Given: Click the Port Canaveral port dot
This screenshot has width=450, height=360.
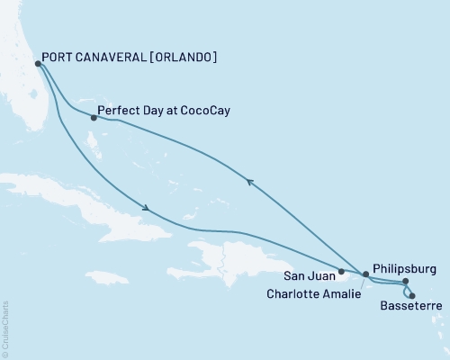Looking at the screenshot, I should (x=37, y=64).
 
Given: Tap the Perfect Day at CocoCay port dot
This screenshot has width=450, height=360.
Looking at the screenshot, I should (x=94, y=117).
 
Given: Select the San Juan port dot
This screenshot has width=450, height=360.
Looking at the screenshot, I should (x=341, y=271).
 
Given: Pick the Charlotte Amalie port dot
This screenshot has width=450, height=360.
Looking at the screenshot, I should (x=365, y=274).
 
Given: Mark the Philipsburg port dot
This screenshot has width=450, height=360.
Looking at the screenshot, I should (x=405, y=282).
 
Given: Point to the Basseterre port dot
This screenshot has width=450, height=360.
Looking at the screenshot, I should (x=412, y=295).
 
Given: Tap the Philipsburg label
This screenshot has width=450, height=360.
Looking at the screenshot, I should (x=406, y=268).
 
